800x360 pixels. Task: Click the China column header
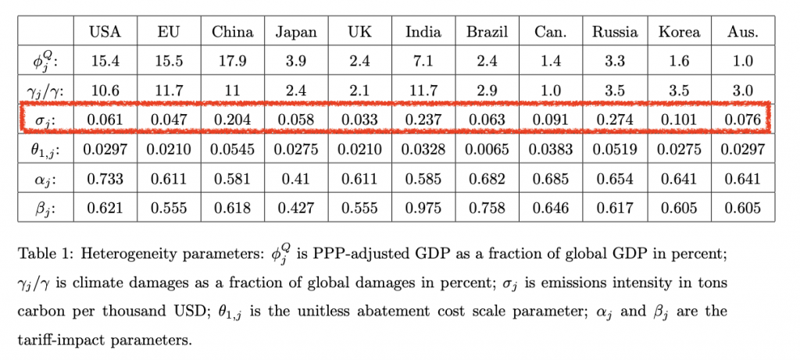click(x=232, y=32)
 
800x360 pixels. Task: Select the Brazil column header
click(x=487, y=32)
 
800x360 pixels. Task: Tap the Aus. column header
click(x=741, y=32)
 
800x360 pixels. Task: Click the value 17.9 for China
click(x=232, y=62)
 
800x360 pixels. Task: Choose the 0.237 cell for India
click(x=423, y=119)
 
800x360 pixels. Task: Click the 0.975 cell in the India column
click(x=423, y=208)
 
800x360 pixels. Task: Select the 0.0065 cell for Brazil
click(x=487, y=150)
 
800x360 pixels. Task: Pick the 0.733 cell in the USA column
click(x=105, y=179)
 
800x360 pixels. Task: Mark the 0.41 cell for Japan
click(x=295, y=179)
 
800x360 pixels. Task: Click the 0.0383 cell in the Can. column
click(x=551, y=150)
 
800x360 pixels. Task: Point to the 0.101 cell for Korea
click(x=678, y=119)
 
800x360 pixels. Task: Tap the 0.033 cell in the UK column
click(x=359, y=119)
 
